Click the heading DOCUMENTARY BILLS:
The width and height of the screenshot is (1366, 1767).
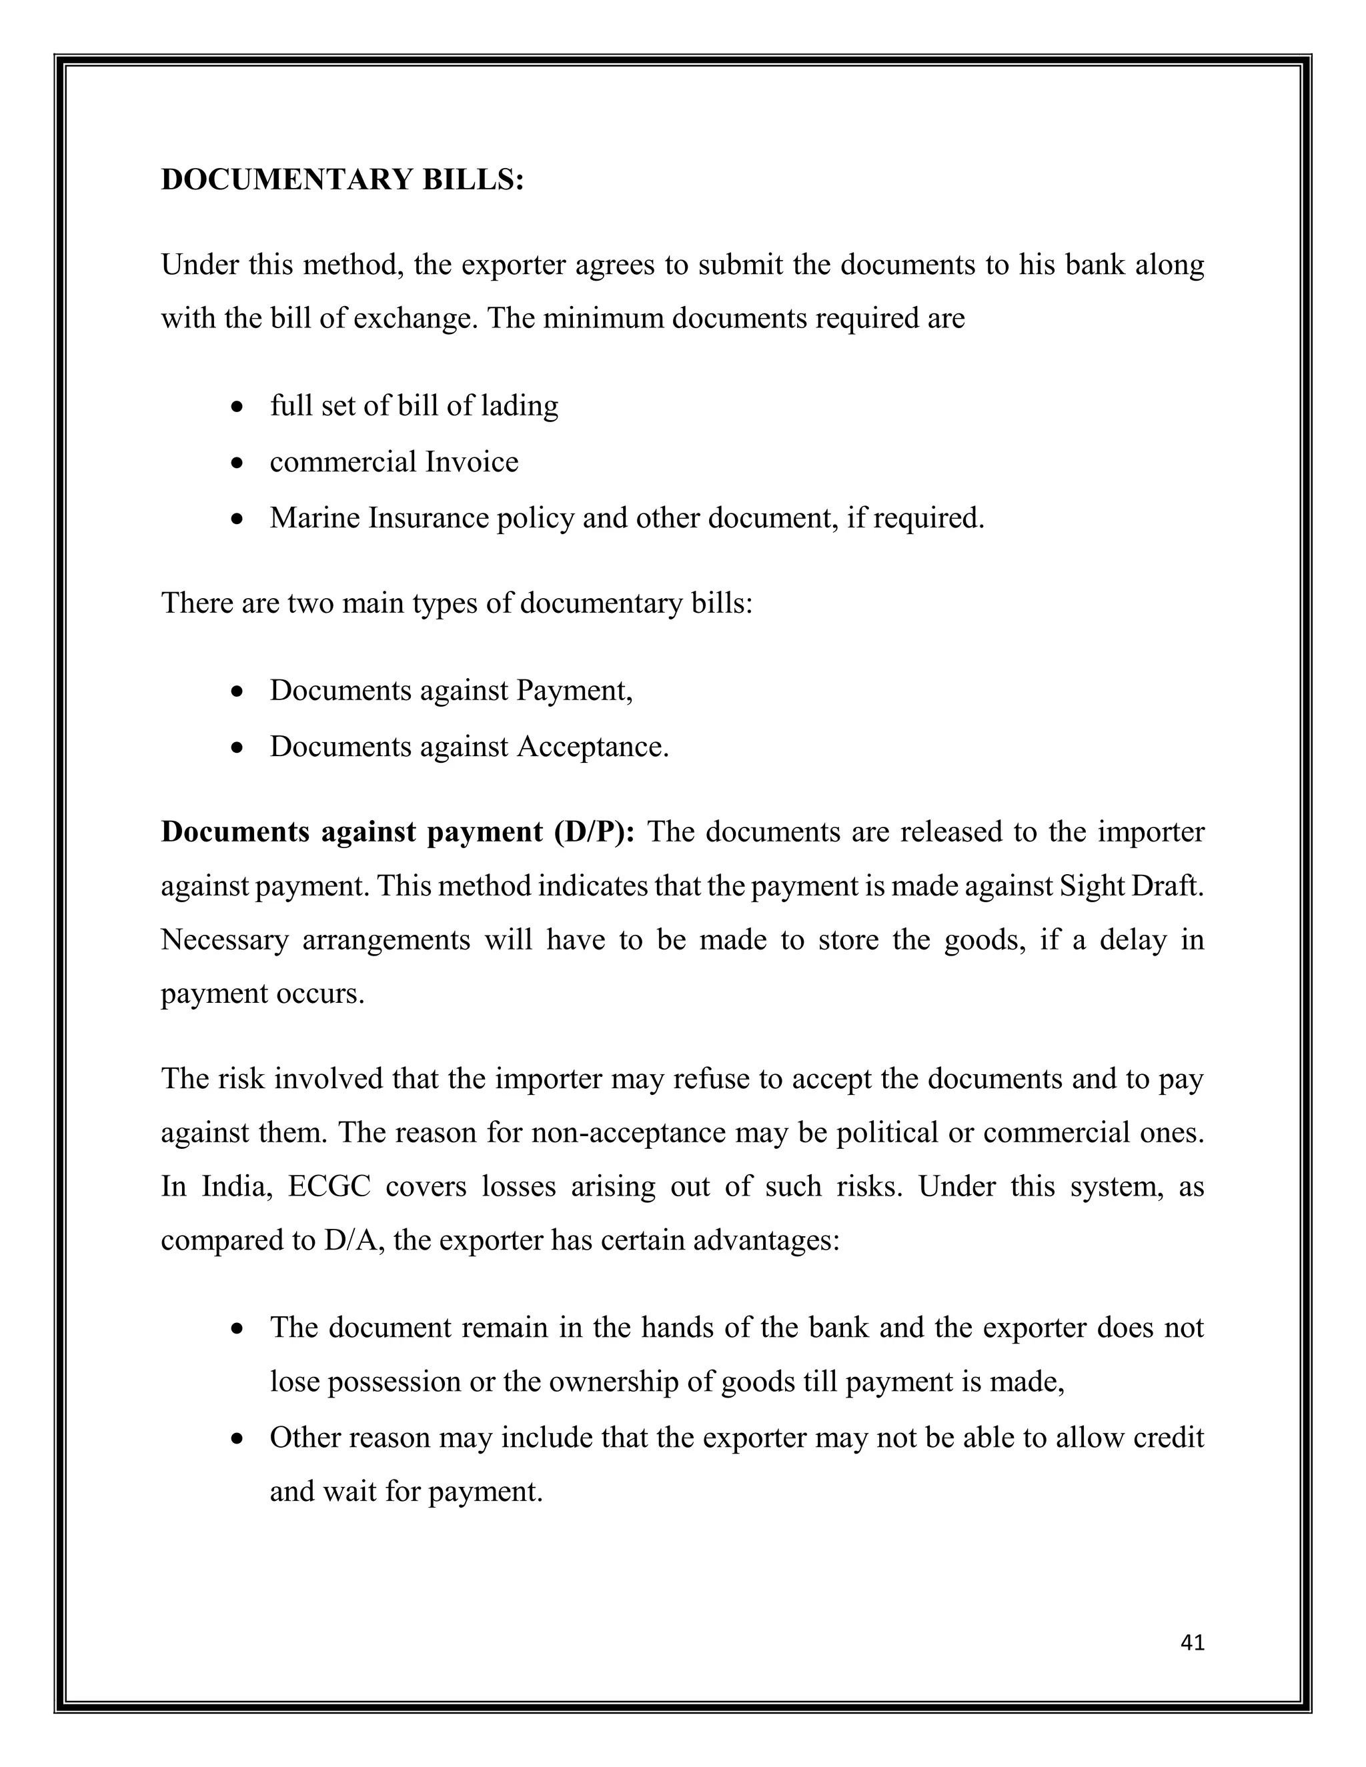coord(342,179)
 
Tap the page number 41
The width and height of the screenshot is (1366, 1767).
coord(1192,1642)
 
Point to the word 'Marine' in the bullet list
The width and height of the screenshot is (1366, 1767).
coord(315,518)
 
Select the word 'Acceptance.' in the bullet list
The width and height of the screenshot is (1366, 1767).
coord(593,746)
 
